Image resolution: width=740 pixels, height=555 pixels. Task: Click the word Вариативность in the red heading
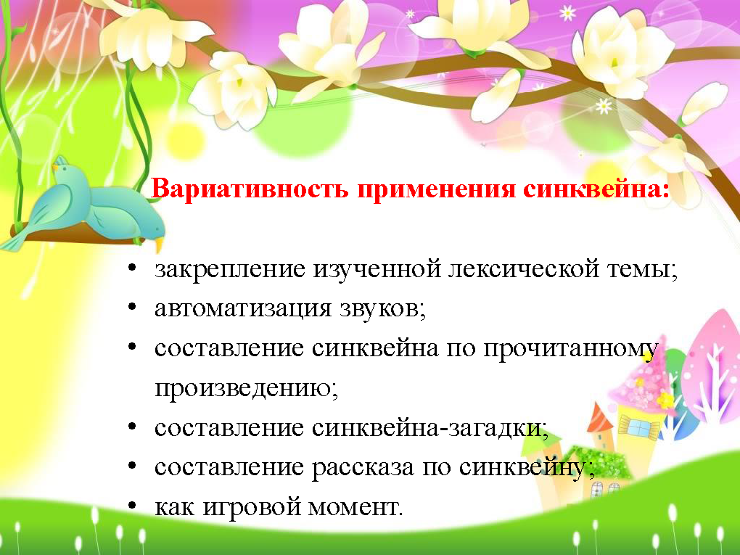250,189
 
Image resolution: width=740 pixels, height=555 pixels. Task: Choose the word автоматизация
243,309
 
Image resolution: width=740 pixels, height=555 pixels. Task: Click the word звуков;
383,309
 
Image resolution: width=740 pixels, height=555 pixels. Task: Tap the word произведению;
247,389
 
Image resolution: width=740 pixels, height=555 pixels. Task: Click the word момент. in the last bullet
355,508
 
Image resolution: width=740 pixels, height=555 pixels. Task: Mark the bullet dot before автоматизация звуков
132,308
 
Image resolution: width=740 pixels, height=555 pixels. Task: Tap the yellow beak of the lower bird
159,244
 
